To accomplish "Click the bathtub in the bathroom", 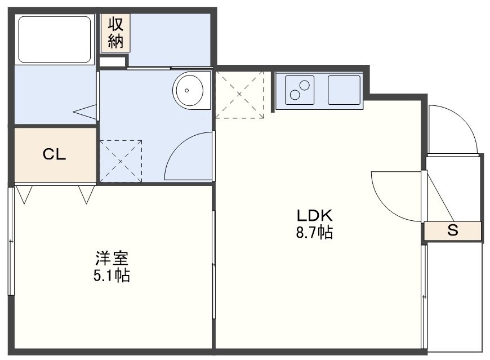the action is pyautogui.click(x=55, y=39).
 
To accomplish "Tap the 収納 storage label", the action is pyautogui.click(x=115, y=33).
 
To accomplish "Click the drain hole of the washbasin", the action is pyautogui.click(x=187, y=91).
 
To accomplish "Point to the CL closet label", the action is pyautogui.click(x=55, y=154).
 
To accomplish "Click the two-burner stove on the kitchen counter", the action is pyautogui.click(x=300, y=90).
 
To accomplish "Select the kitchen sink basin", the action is pyautogui.click(x=344, y=90).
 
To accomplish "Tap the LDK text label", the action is pyautogui.click(x=314, y=216).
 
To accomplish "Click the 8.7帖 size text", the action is pyautogui.click(x=314, y=233).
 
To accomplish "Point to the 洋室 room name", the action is pyautogui.click(x=112, y=258).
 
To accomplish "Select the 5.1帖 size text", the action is pyautogui.click(x=112, y=275).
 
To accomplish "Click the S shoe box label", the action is pyautogui.click(x=452, y=230).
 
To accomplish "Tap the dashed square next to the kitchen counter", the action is pyautogui.click(x=240, y=95).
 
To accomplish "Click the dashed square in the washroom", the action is pyautogui.click(x=121, y=161).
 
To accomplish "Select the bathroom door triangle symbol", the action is pyautogui.click(x=85, y=112).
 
